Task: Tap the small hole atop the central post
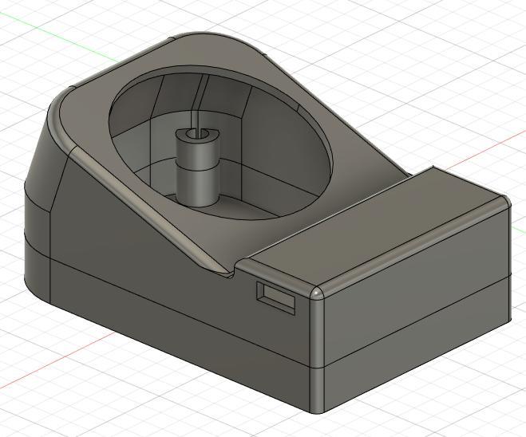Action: click(195, 132)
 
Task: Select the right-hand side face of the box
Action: click(415, 319)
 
